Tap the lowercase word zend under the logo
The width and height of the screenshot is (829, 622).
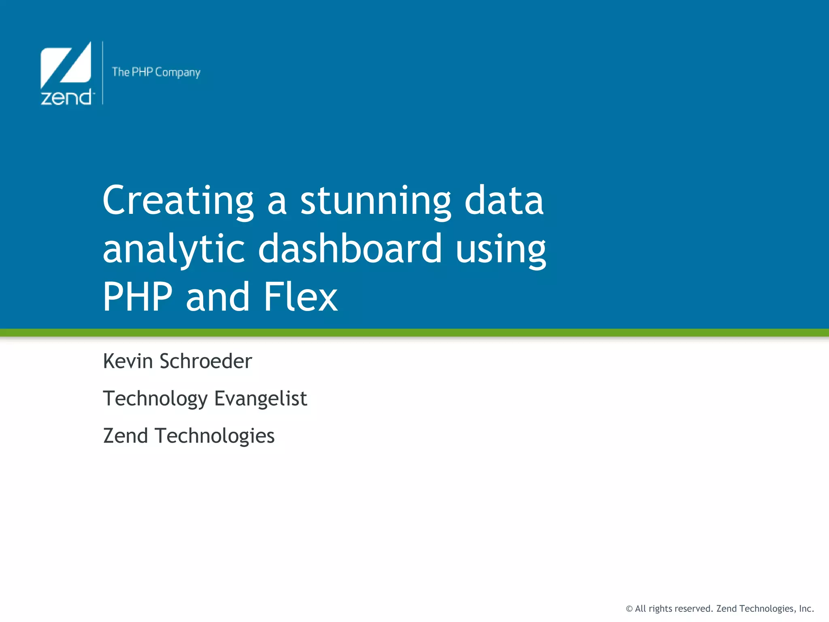(67, 98)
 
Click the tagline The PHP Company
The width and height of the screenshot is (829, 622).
(156, 72)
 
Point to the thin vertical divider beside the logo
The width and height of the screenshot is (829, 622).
(103, 73)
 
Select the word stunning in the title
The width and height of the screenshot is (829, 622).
(375, 201)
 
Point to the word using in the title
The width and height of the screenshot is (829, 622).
(501, 249)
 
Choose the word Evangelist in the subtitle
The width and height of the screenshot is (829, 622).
(261, 399)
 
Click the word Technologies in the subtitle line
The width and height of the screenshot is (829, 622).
(215, 437)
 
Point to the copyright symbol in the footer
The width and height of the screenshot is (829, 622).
(629, 609)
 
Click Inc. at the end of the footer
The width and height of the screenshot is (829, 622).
(806, 609)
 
